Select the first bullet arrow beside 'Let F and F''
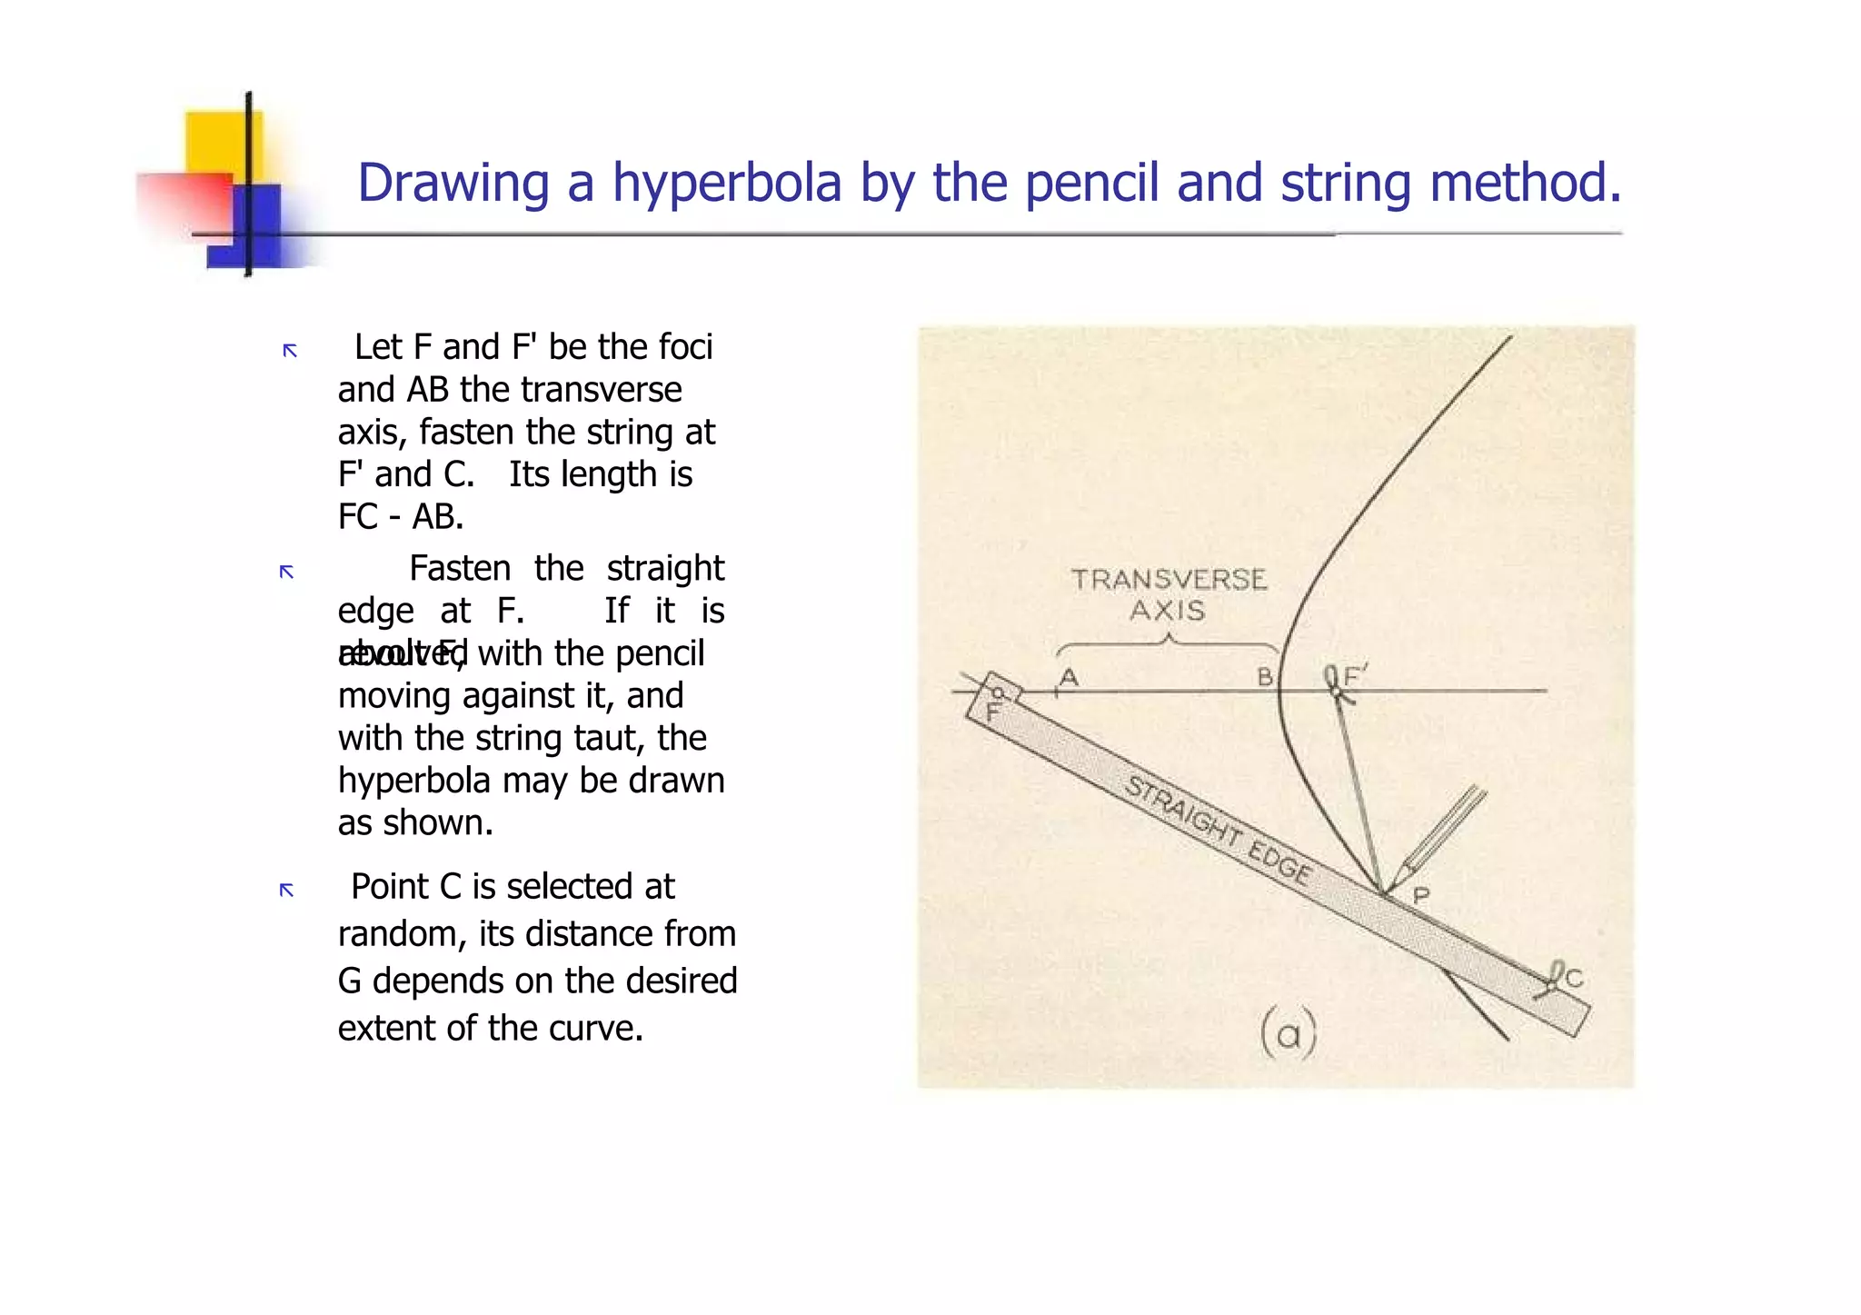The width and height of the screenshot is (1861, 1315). (x=290, y=351)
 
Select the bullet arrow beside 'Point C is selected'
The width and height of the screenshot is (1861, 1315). (x=286, y=890)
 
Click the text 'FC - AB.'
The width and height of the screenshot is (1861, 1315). (x=401, y=516)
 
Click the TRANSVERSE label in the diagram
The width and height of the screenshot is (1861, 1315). (x=1169, y=580)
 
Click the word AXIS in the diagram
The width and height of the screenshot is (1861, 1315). (x=1167, y=610)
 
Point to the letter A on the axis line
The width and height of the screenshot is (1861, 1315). (x=1069, y=677)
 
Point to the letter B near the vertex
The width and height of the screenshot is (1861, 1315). (x=1264, y=677)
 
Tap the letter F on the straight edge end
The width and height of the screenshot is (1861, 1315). (x=992, y=712)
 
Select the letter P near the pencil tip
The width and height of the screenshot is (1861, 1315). (x=1421, y=896)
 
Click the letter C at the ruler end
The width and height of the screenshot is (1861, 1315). (x=1574, y=978)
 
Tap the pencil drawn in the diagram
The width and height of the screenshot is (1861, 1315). (x=1445, y=833)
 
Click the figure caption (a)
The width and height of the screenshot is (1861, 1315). (x=1288, y=1034)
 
